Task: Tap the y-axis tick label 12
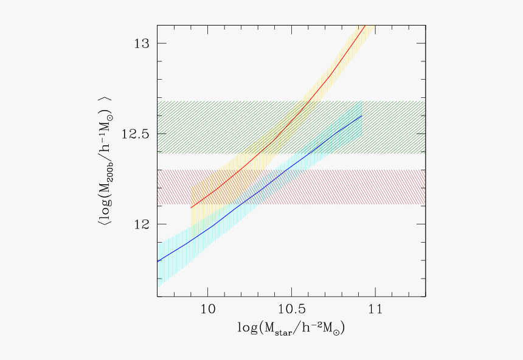[x=141, y=224]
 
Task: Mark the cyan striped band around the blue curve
[x=182, y=255]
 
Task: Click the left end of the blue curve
[x=158, y=261]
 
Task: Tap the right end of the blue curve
[x=362, y=116]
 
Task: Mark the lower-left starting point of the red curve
[x=192, y=208]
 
